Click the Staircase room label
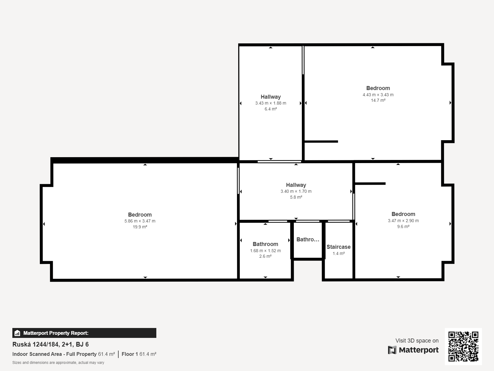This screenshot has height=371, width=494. click(339, 247)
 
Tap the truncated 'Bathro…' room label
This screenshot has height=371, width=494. click(308, 239)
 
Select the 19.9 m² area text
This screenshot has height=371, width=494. click(140, 227)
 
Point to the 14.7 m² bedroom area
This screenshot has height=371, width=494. click(378, 100)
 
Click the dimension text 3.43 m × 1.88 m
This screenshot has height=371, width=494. click(271, 103)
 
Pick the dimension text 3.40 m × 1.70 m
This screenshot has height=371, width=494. click(296, 191)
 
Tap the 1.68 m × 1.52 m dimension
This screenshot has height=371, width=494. click(265, 251)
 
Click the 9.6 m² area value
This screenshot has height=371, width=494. click(403, 226)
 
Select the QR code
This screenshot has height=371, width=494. click(463, 347)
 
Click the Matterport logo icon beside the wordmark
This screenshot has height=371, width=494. click(392, 350)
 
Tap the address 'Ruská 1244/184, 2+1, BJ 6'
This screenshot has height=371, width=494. click(50, 344)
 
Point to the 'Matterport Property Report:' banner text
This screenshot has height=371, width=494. click(56, 333)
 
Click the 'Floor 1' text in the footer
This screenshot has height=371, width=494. click(130, 354)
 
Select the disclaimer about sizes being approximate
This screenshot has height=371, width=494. click(58, 363)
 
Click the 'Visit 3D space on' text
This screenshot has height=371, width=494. click(417, 341)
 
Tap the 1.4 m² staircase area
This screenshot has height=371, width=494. click(339, 253)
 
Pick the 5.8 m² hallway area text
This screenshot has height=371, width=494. click(296, 197)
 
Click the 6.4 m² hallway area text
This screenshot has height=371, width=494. click(271, 109)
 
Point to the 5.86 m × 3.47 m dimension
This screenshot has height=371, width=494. click(140, 221)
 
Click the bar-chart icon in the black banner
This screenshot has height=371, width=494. click(17, 333)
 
